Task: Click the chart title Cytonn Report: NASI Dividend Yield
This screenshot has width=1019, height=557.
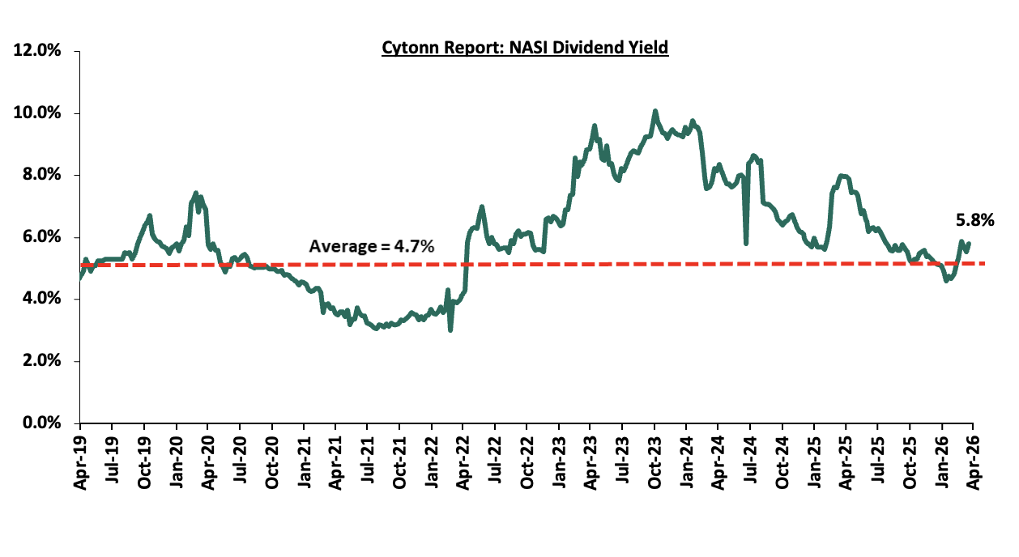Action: (x=525, y=48)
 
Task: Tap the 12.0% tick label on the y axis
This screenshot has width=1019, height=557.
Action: (x=37, y=51)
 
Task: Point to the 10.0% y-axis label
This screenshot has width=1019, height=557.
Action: (x=37, y=113)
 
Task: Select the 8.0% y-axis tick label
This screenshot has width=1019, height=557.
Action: (x=41, y=175)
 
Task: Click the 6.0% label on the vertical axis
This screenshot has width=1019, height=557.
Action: (x=41, y=237)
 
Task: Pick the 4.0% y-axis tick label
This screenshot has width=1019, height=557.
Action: (x=41, y=299)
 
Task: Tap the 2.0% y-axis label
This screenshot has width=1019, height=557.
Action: (x=41, y=361)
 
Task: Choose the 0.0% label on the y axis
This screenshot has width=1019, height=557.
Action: (x=41, y=423)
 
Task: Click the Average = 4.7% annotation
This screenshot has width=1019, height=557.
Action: (x=372, y=246)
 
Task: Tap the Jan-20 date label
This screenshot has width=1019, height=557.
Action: (x=176, y=458)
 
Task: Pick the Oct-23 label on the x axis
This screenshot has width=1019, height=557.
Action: (x=654, y=458)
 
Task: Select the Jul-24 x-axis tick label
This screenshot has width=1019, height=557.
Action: (x=750, y=458)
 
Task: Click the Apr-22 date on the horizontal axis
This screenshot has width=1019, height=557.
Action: (x=463, y=458)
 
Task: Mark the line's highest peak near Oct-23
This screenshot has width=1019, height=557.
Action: (x=654, y=112)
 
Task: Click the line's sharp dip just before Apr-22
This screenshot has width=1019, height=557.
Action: (x=450, y=330)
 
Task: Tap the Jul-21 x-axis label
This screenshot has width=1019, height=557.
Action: (x=367, y=458)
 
